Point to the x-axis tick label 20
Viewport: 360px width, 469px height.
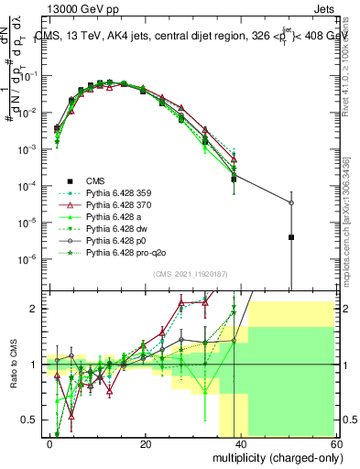point(146,443)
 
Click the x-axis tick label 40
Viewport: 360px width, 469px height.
point(240,443)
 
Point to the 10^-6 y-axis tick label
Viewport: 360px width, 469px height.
point(30,258)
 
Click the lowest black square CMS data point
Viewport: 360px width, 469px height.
point(290,237)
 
